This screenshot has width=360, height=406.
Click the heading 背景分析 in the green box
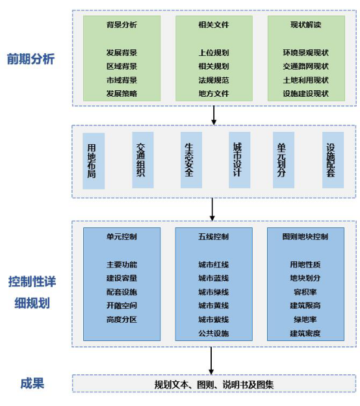tap(122, 25)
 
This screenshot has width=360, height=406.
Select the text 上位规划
tap(214, 53)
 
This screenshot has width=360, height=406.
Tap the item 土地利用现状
tap(305, 81)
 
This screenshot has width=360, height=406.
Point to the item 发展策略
tap(122, 94)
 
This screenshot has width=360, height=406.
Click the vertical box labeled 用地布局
tap(94, 161)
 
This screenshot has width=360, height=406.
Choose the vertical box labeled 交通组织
tap(143, 160)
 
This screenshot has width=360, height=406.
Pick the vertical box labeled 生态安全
tap(191, 160)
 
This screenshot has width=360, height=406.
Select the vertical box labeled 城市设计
tap(240, 160)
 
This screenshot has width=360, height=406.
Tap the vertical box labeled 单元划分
tap(283, 160)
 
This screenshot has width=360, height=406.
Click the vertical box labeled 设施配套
tap(333, 160)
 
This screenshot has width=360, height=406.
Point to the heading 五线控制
tap(214, 236)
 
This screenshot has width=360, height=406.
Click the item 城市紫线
tap(214, 320)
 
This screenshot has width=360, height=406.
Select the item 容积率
tap(305, 292)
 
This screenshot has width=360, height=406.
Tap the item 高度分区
tap(122, 320)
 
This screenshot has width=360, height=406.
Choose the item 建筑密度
tap(305, 333)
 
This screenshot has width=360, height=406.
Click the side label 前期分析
tap(31, 59)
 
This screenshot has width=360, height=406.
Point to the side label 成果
tap(32, 383)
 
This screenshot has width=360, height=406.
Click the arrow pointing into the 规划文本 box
tap(211, 361)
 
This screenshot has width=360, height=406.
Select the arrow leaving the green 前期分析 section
tap(214, 115)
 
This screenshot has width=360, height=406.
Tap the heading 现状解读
tap(305, 25)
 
